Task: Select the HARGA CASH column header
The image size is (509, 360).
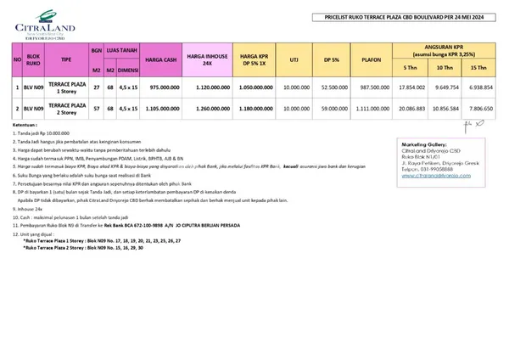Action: point(160,62)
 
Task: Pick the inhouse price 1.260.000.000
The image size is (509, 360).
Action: point(208,109)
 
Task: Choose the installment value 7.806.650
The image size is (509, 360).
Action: point(479,109)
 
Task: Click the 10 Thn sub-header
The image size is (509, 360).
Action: point(445,68)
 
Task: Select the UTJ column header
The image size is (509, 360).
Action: point(294,62)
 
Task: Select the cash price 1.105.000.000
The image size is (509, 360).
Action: point(160,109)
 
